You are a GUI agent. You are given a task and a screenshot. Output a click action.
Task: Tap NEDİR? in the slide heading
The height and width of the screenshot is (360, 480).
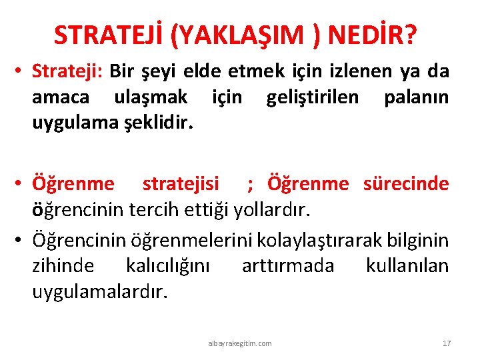coord(378,35)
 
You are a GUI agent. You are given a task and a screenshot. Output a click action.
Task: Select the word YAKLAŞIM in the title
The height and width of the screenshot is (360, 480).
coord(243,35)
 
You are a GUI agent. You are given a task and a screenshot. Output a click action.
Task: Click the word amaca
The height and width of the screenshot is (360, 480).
coord(61,98)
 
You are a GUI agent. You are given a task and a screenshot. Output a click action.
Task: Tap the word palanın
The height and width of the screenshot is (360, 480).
coord(416,98)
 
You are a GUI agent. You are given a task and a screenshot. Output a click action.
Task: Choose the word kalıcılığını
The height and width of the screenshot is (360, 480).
coord(167,265)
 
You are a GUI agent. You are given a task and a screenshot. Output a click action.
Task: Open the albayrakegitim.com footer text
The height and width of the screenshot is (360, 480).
coord(240,343)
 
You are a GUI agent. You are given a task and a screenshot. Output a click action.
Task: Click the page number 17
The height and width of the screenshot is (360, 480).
coord(447,343)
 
